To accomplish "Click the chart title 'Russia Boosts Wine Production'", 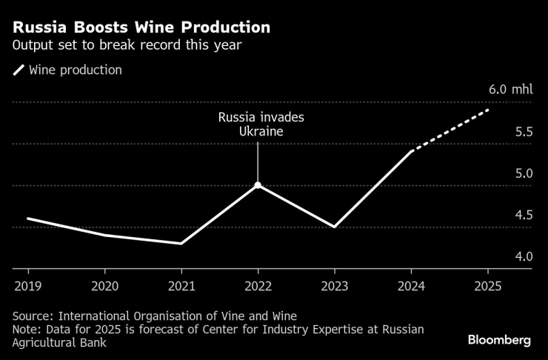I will click(x=141, y=28).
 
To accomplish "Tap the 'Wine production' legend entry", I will click(x=75, y=70).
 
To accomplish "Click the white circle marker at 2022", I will click(x=258, y=185).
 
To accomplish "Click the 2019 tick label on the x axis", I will click(x=28, y=284).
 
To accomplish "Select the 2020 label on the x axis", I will click(x=104, y=284).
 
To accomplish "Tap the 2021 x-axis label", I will click(x=181, y=284).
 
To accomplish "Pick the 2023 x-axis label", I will click(x=334, y=284).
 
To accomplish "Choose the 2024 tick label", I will click(x=410, y=284).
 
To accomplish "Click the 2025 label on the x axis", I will click(x=487, y=284).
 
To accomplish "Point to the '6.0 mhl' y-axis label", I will click(x=510, y=90).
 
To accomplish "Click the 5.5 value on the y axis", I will click(x=524, y=133).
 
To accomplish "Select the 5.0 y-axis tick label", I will click(x=524, y=174).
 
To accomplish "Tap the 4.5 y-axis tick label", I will click(x=524, y=216).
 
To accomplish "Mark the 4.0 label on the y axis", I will click(x=524, y=257).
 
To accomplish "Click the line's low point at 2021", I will click(x=181, y=243).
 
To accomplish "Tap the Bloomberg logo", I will click(x=499, y=340).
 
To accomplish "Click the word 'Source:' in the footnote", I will click(x=35, y=315).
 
